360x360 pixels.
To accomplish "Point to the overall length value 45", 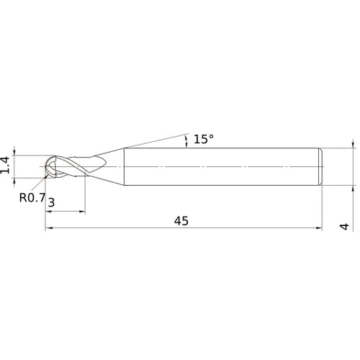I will [x=181, y=221].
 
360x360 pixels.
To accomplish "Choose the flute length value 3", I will [x=51, y=204].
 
